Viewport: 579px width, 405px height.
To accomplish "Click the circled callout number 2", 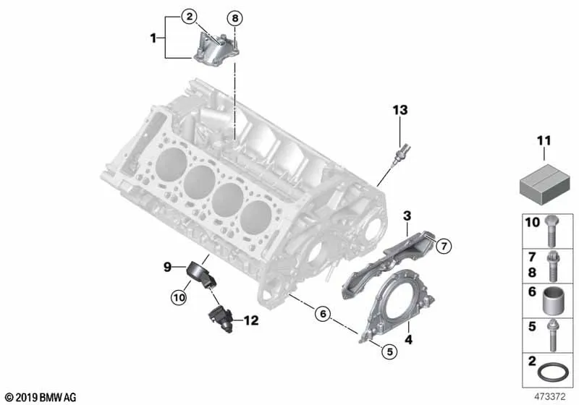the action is [x=190, y=16].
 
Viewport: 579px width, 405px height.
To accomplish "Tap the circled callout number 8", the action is [x=235, y=18].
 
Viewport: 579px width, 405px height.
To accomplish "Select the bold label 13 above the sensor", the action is [x=400, y=110].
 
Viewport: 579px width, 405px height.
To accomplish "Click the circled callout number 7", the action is [x=444, y=245].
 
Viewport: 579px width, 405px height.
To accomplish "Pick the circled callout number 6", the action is [x=323, y=314].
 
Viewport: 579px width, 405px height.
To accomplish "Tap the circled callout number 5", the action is [x=390, y=351].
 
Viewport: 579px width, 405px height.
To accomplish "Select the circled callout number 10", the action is [x=179, y=297].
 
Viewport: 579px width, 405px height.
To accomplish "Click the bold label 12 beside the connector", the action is [x=251, y=320].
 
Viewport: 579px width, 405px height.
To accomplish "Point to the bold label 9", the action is [x=168, y=267].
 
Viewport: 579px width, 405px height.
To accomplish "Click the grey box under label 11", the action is [x=544, y=184].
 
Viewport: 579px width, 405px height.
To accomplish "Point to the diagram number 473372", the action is [x=550, y=397].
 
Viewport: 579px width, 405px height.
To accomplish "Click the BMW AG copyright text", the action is [x=41, y=398].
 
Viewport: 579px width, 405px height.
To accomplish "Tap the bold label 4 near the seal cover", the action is [x=408, y=339].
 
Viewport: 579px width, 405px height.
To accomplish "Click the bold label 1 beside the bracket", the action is [x=153, y=38].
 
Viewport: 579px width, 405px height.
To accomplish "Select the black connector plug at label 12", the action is [x=221, y=320].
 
